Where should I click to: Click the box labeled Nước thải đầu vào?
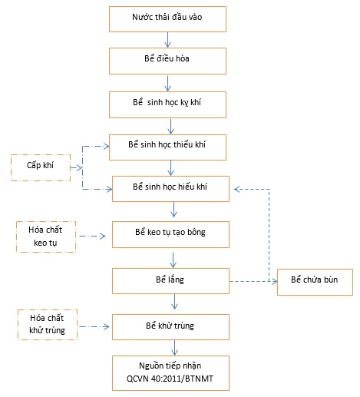point(167,19)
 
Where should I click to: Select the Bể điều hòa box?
point(167,61)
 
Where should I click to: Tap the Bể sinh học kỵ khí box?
point(167,104)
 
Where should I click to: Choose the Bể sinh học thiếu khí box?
point(167,147)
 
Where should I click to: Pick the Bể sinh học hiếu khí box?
point(170,189)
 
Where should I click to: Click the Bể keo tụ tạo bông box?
point(170,234)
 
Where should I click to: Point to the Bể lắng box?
point(170,281)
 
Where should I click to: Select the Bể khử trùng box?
point(170,327)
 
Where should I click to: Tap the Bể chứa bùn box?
point(315,282)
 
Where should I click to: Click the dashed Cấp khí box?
point(41,167)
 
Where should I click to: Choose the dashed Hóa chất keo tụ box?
point(46,237)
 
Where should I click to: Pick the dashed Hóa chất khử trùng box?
point(48,325)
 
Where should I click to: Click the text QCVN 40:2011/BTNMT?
point(170,379)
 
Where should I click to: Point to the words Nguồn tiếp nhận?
point(170,366)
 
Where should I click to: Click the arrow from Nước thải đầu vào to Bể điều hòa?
point(167,40)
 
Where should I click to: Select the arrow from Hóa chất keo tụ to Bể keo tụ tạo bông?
point(92,236)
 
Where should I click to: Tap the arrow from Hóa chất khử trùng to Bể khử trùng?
point(94,326)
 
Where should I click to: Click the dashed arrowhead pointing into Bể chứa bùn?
point(275,282)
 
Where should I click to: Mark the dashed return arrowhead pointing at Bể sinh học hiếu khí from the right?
point(236,190)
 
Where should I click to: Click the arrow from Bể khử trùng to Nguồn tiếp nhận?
point(174,348)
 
